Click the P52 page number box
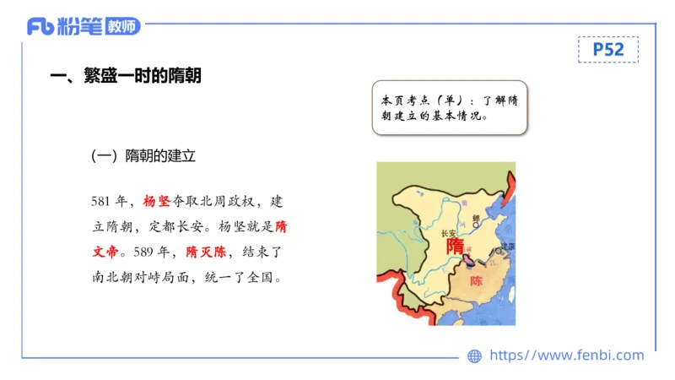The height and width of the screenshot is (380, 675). tap(607, 50)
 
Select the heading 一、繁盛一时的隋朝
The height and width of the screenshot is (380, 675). tap(126, 76)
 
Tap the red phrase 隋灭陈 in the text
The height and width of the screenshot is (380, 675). tap(207, 252)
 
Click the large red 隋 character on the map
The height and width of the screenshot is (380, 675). tap(455, 245)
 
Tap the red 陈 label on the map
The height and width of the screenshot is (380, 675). tap(477, 280)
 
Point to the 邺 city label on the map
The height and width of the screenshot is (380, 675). tap(476, 217)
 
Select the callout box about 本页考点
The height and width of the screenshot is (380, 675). tap(449, 107)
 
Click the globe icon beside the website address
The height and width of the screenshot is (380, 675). tap(475, 356)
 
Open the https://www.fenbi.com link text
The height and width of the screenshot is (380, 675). tap(567, 356)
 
